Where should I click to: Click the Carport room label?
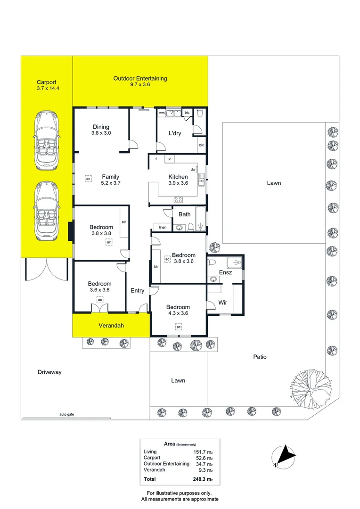[47, 82]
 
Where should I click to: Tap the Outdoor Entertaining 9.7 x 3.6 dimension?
[140, 84]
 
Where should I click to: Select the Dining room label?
[101, 127]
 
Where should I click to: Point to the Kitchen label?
[178, 177]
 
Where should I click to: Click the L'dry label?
[175, 133]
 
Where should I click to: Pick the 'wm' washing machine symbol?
[162, 113]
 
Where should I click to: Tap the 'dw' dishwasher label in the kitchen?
[193, 170]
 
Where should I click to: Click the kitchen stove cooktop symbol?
[178, 199]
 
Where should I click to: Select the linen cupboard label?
[163, 227]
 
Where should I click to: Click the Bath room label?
[184, 214]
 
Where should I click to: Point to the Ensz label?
[225, 272]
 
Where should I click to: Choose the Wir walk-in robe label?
[223, 303]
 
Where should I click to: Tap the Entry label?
[137, 290]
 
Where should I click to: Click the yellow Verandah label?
[111, 325]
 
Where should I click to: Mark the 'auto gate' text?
[66, 414]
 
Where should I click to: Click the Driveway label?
[49, 372]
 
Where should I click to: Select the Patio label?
[260, 357]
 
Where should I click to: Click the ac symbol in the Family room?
[88, 179]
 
